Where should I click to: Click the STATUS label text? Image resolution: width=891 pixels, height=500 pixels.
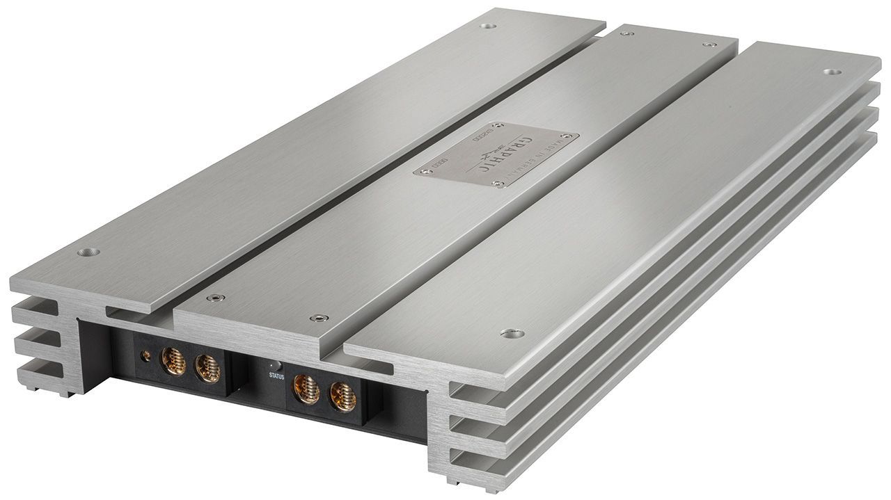click(276, 376)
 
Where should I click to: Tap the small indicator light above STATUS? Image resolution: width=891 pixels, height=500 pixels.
click(275, 365)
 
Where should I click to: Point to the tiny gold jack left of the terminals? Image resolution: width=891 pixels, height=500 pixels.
click(145, 356)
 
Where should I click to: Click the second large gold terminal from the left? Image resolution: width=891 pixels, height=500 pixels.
click(207, 369)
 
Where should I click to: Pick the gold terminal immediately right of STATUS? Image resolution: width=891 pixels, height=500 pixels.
click(307, 388)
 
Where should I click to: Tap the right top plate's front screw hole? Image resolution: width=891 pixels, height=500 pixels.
click(512, 334)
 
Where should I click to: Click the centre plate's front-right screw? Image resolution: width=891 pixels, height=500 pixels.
click(320, 318)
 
